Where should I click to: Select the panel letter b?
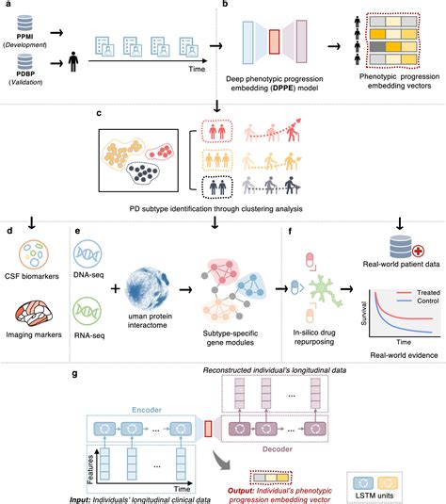coord(224,7)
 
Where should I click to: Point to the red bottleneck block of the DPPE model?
coord(274,43)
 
